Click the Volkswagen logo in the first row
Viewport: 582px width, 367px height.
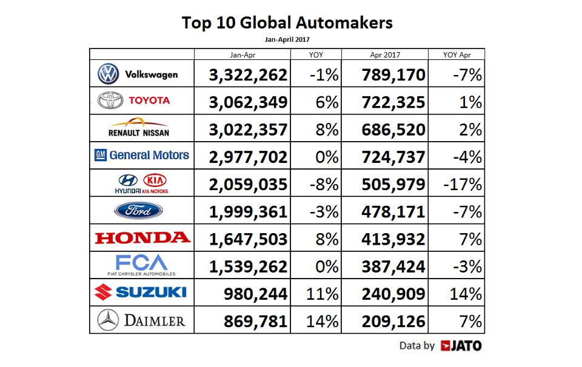click(x=109, y=74)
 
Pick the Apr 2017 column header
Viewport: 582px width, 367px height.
click(x=384, y=55)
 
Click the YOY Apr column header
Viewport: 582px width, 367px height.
click(x=457, y=55)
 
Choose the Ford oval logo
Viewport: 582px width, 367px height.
click(x=139, y=211)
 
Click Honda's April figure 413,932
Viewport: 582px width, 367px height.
click(x=393, y=239)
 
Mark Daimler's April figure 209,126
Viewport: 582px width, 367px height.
click(x=393, y=321)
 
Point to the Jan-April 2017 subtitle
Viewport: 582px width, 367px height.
click(x=287, y=39)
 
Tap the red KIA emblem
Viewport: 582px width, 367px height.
click(x=155, y=180)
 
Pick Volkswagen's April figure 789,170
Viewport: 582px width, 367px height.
click(x=393, y=75)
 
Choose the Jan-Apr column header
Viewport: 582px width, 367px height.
click(x=242, y=55)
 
